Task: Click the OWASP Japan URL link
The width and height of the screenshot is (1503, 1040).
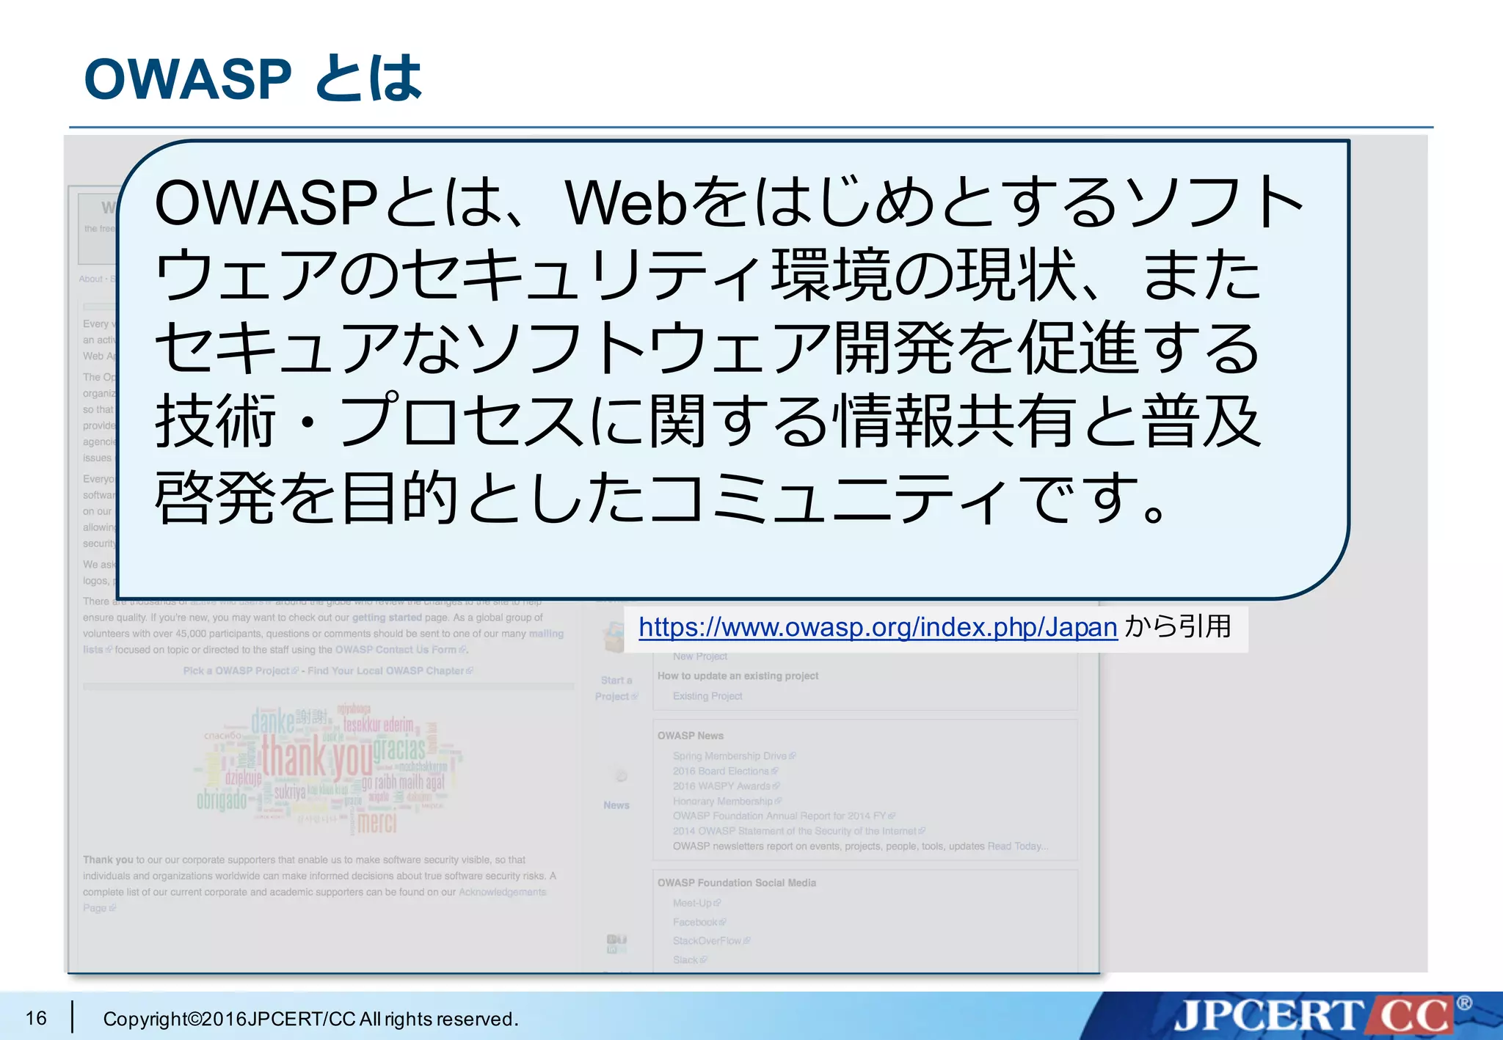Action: pyautogui.click(x=877, y=628)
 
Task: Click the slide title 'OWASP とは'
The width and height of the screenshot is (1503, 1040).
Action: pyautogui.click(x=253, y=78)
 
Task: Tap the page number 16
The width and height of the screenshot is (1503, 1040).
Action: pyautogui.click(x=36, y=1018)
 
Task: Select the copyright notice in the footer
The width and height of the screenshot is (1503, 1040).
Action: pyautogui.click(x=310, y=1019)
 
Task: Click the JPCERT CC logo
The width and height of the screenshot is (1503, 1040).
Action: pyautogui.click(x=1314, y=1016)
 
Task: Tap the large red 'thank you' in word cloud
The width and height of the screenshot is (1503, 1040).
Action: pyautogui.click(x=317, y=758)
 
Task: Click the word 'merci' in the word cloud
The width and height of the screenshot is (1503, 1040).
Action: pyautogui.click(x=377, y=823)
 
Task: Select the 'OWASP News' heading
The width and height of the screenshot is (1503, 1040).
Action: pyautogui.click(x=690, y=736)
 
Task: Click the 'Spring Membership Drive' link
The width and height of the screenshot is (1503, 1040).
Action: pyautogui.click(x=729, y=756)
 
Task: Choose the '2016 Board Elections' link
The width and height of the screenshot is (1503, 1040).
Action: pyautogui.click(x=721, y=771)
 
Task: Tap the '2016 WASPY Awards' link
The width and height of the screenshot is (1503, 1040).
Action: pyautogui.click(x=721, y=786)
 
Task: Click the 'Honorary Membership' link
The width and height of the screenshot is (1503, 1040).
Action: pyautogui.click(x=723, y=801)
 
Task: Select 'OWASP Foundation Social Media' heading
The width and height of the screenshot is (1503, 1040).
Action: pyautogui.click(x=736, y=883)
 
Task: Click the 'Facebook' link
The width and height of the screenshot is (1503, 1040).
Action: pyautogui.click(x=695, y=922)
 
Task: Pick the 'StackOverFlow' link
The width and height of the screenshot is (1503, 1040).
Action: pyautogui.click(x=707, y=941)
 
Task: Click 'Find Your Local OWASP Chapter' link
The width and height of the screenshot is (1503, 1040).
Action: pyautogui.click(x=386, y=670)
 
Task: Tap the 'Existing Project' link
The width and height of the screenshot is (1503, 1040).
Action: pyautogui.click(x=707, y=696)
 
